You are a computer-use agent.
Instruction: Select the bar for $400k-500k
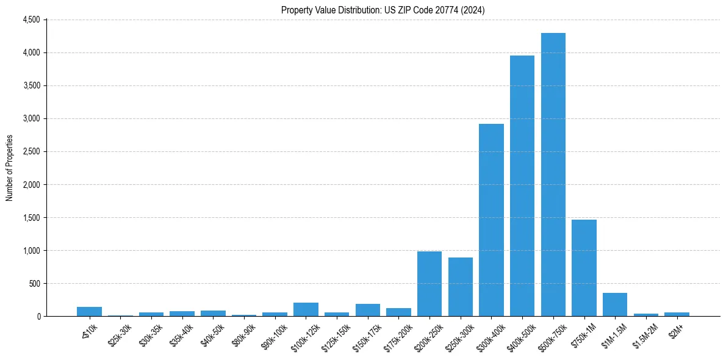tap(522, 186)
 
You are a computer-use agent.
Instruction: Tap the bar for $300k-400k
tap(491, 220)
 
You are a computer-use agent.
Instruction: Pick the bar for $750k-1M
tap(584, 268)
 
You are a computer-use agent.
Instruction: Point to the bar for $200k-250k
tap(429, 284)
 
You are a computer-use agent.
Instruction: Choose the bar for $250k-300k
tap(461, 287)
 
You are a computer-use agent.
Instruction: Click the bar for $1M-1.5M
tap(615, 304)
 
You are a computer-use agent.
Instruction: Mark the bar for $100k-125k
tap(306, 309)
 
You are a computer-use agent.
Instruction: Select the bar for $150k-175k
tap(368, 310)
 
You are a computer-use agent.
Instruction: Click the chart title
tap(383, 10)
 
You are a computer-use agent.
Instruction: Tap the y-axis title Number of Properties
tap(10, 168)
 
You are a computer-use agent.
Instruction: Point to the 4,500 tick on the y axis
tap(31, 20)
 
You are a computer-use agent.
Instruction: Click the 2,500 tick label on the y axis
tap(31, 151)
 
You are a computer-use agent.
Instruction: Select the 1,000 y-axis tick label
tap(31, 251)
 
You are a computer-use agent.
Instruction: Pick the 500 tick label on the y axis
tap(34, 284)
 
